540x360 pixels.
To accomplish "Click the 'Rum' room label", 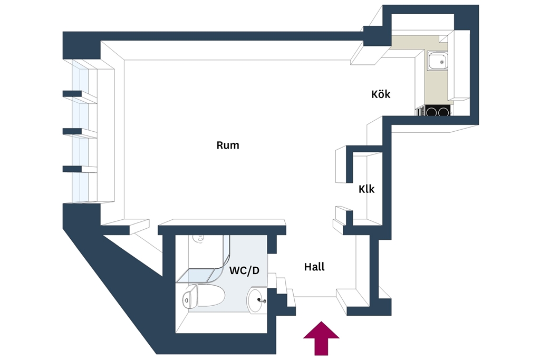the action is (x=228, y=145).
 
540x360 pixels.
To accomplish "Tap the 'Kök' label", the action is (x=381, y=94).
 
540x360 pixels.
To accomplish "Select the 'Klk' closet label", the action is (x=366, y=189).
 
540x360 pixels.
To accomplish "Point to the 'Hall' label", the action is (x=314, y=267).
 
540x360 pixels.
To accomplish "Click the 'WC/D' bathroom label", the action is (x=244, y=270).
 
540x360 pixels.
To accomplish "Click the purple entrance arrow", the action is (x=321, y=338).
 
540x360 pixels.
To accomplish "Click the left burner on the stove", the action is (x=431, y=112).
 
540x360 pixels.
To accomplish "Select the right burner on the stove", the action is (x=443, y=112).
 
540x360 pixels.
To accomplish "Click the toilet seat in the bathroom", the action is (x=210, y=295).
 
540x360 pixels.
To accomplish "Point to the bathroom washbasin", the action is (x=257, y=299).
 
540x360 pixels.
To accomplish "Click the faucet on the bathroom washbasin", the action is (x=262, y=301).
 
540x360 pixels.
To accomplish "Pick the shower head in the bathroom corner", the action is (x=198, y=238).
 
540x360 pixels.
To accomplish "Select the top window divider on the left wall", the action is (x=72, y=94).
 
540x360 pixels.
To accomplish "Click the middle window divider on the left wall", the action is (x=72, y=131).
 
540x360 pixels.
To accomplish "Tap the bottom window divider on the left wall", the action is (x=72, y=169).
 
